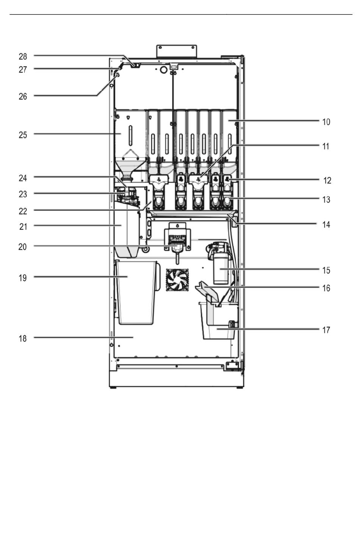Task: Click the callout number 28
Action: pyautogui.click(x=23, y=57)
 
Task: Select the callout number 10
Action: pyautogui.click(x=326, y=122)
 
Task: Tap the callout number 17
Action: pyautogui.click(x=326, y=330)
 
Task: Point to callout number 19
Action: pyautogui.click(x=23, y=278)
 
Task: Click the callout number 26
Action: pyautogui.click(x=23, y=97)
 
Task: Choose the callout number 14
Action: pyautogui.click(x=326, y=225)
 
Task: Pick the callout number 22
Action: pyautogui.click(x=23, y=211)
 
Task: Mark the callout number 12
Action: pyautogui.click(x=327, y=181)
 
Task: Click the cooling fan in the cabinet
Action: pyautogui.click(x=177, y=280)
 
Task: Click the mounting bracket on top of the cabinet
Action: pyautogui.click(x=177, y=51)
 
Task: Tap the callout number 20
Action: pyautogui.click(x=22, y=247)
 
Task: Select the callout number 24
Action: pyautogui.click(x=23, y=178)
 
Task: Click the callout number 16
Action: pyautogui.click(x=326, y=288)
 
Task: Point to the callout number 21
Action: pyautogui.click(x=23, y=227)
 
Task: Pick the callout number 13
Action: pyautogui.click(x=326, y=200)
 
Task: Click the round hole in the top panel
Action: pyautogui.click(x=164, y=70)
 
